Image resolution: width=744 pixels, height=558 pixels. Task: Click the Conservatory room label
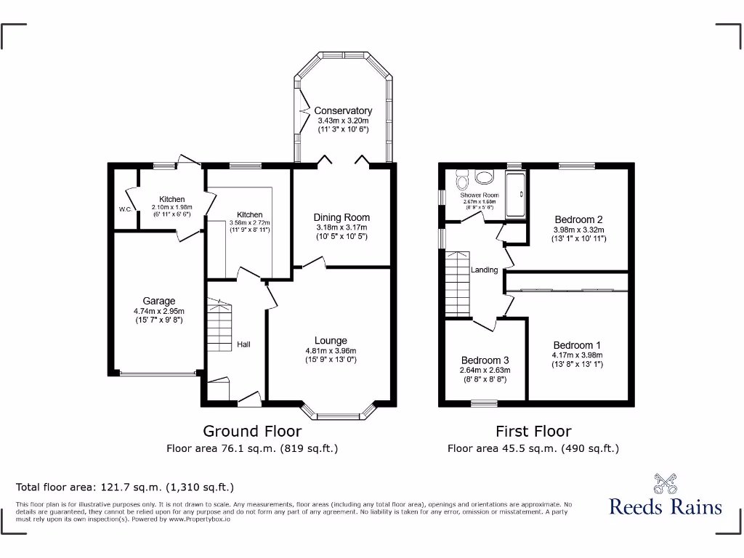343,110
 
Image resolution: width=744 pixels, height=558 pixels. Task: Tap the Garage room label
158,301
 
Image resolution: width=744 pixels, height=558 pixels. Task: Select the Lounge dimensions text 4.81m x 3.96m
331,350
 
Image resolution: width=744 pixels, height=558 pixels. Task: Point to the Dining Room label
341,217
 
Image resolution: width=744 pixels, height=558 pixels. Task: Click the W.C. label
125,210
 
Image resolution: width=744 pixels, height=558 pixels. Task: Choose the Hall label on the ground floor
243,344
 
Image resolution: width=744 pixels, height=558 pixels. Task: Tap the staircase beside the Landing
458,285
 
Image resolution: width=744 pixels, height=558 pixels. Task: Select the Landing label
485,270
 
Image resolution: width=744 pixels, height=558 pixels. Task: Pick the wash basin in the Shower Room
484,177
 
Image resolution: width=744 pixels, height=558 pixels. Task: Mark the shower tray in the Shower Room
515,194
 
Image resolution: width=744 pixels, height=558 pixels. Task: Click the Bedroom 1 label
577,345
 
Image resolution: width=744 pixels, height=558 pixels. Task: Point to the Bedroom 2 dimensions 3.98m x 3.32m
578,229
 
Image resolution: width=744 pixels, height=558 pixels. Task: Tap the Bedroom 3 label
485,360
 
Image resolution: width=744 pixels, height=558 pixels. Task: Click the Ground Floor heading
251,432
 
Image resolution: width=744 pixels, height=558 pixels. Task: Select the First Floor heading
533,432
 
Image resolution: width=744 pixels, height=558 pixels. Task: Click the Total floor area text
125,487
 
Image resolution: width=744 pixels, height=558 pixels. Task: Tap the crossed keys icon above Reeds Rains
665,483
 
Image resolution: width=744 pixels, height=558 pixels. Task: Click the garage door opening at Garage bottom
158,373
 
